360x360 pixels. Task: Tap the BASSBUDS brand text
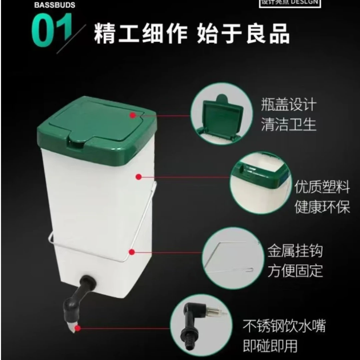pos(55,5)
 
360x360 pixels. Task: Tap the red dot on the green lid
pos(133,115)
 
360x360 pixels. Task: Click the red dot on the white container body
pos(139,176)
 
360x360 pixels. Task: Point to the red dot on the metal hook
pos(132,252)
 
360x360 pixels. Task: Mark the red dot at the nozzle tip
pos(78,328)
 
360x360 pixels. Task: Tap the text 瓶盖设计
pos(289,105)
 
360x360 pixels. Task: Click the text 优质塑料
pos(322,187)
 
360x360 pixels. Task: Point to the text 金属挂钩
pos(295,251)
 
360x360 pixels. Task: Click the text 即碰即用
pos(270,346)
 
